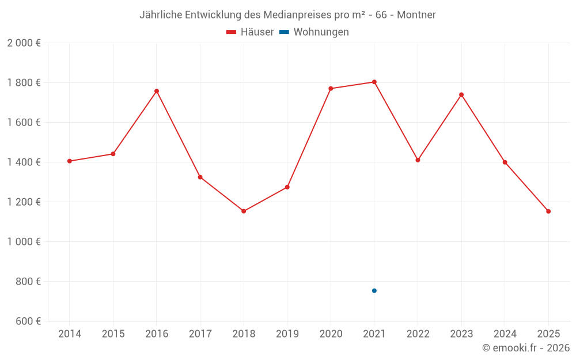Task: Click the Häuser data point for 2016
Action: tap(157, 91)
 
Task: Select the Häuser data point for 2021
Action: tap(374, 82)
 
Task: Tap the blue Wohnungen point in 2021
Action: tap(374, 291)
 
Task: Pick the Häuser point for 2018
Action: tap(244, 211)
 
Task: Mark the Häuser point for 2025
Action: tap(548, 211)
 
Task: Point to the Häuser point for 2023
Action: tap(461, 94)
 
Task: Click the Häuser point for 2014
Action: tap(70, 161)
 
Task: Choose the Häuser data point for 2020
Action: tap(331, 89)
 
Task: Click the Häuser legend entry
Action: tap(250, 32)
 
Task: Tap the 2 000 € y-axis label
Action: tap(24, 43)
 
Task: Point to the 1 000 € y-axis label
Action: tap(24, 242)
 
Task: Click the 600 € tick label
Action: tap(27, 321)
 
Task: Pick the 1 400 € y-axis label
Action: tap(24, 162)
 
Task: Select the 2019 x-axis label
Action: tap(287, 334)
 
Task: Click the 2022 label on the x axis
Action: tap(418, 334)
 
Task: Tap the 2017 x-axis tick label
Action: tap(200, 334)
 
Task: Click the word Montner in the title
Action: tap(416, 14)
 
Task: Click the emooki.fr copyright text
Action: tap(526, 348)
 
